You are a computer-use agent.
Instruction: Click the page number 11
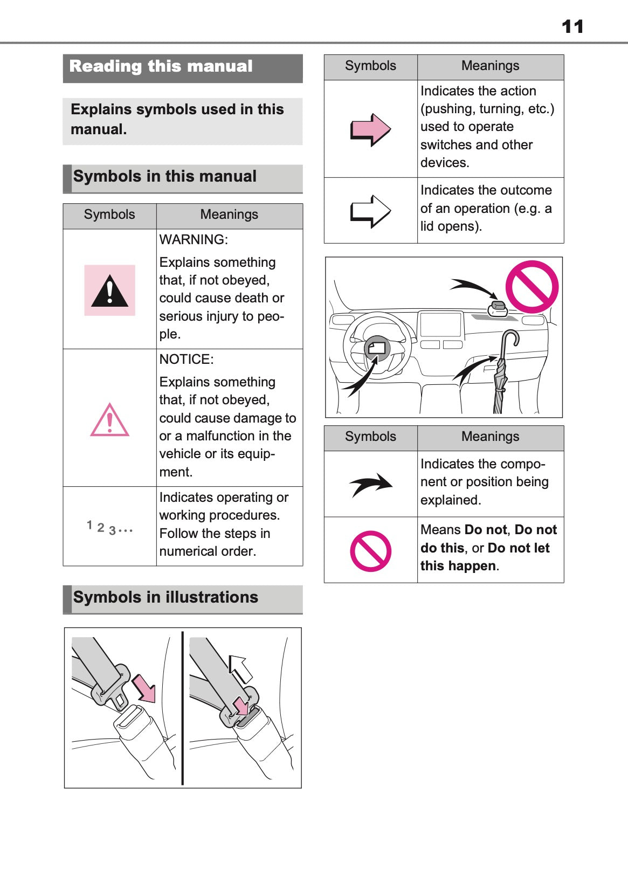click(x=572, y=26)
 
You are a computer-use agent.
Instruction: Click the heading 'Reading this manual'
click(x=161, y=66)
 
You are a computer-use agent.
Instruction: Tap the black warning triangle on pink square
click(x=109, y=291)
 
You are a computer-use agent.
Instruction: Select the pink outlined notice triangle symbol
click(x=109, y=420)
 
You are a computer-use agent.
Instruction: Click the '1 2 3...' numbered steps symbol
click(x=109, y=528)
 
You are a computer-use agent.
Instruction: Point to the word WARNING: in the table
click(x=194, y=240)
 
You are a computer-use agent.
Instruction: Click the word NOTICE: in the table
click(x=187, y=360)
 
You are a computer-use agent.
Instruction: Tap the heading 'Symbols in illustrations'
click(x=165, y=597)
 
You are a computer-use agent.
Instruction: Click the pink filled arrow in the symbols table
click(x=370, y=129)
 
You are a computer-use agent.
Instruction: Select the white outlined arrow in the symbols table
click(x=370, y=211)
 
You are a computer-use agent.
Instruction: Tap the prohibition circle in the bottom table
click(x=370, y=551)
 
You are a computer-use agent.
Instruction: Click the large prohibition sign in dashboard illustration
click(x=532, y=287)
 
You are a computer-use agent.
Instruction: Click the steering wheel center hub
click(x=377, y=349)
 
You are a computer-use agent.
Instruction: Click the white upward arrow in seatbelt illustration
click(x=240, y=669)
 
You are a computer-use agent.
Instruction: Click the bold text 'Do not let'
click(x=518, y=548)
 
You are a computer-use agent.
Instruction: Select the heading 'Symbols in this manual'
click(x=165, y=177)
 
